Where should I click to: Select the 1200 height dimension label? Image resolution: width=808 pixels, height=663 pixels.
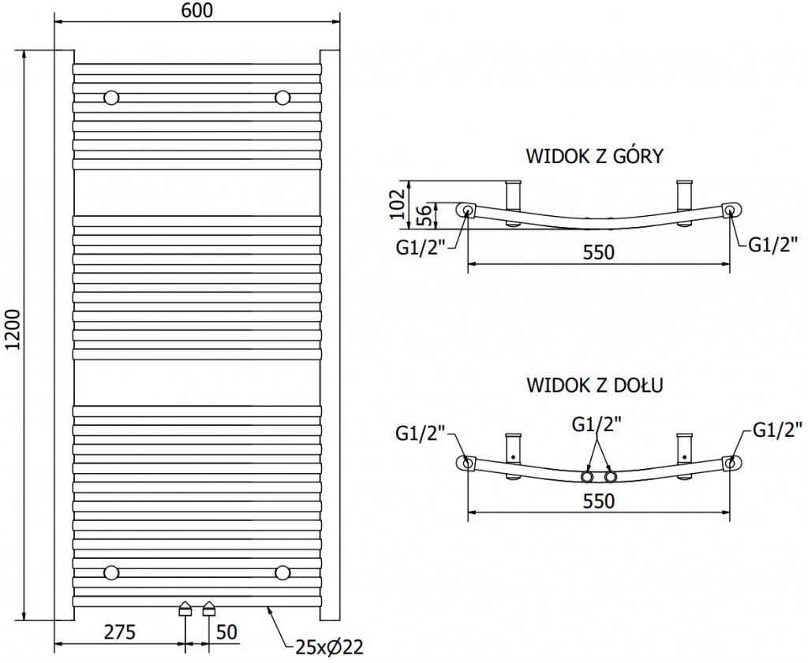pos(11,333)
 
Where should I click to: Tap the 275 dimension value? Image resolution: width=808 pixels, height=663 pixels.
pos(120,631)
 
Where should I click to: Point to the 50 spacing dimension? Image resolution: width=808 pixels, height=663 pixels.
pos(226,631)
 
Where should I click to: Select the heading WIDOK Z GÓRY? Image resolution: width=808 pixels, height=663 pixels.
pos(594,155)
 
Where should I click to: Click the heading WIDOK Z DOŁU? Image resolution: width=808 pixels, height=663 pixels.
pos(594,386)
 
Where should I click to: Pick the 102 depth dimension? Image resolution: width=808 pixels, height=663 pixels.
pos(398,204)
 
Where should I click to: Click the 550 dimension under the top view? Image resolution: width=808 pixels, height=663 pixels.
pos(598,252)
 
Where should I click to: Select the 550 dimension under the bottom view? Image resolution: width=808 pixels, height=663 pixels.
pos(598,500)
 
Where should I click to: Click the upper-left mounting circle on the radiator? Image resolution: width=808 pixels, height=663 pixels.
pos(112,98)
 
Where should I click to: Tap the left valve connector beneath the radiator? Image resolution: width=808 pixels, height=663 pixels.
pos(185,608)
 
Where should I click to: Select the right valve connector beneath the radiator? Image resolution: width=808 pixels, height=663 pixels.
pos(209,608)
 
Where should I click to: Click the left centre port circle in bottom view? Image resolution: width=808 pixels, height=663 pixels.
pos(588,477)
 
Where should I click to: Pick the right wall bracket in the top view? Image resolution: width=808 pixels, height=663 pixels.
pos(683,193)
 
